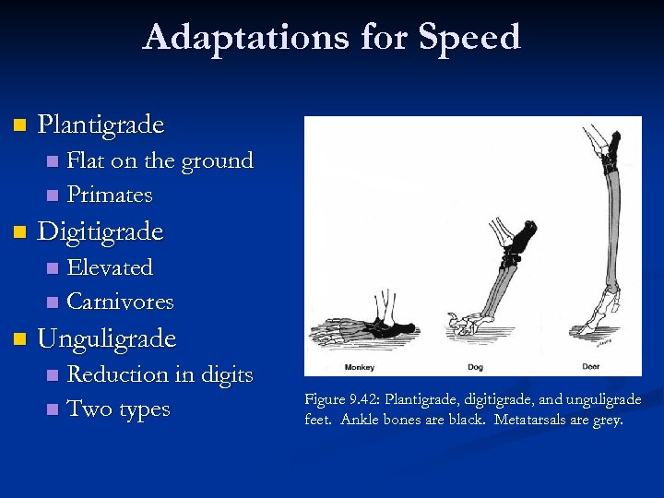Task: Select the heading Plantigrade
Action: (x=101, y=125)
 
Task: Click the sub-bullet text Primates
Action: (x=110, y=196)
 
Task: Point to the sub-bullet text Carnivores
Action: (x=121, y=302)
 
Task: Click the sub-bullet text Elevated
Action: (x=110, y=267)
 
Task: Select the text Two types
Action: (x=119, y=409)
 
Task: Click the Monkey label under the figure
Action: (x=360, y=367)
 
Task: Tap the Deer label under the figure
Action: (x=592, y=367)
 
